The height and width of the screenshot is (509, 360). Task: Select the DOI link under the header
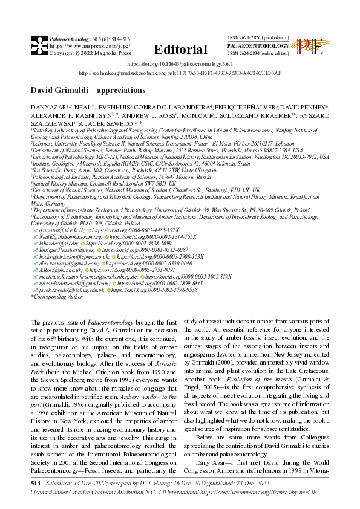pos(180,63)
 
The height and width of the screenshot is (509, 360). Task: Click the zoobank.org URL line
pos(180,73)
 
